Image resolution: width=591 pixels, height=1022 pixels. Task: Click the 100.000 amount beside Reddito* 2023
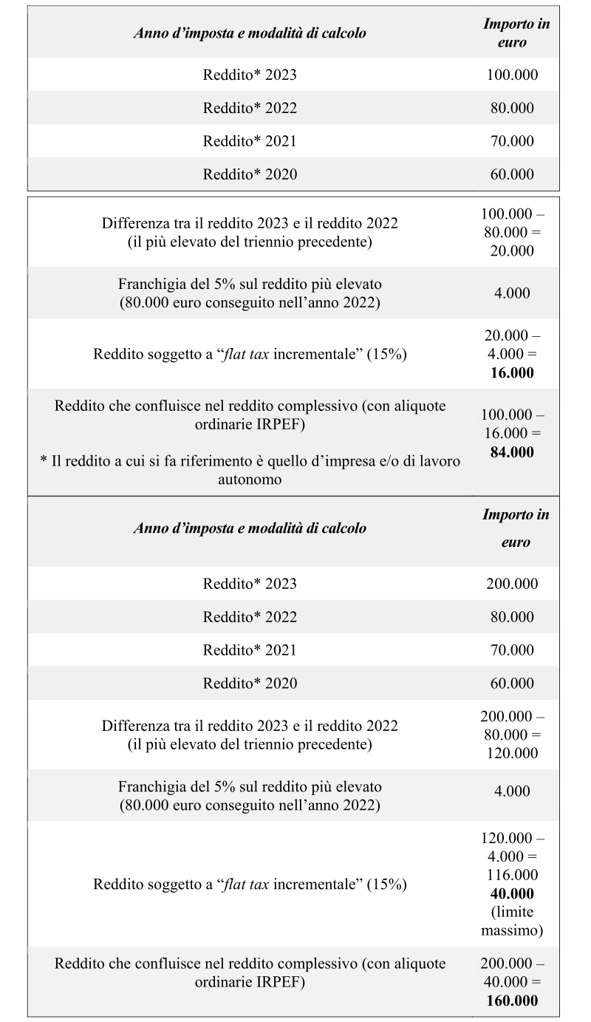point(512,75)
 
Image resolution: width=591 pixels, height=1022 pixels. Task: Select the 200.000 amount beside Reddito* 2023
point(512,584)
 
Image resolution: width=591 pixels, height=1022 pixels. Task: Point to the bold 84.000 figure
point(512,452)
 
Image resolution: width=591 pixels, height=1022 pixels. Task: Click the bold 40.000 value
point(512,893)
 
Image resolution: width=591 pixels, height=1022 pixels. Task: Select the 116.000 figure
point(512,875)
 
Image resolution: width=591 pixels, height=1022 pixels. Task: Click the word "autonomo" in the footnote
point(250,480)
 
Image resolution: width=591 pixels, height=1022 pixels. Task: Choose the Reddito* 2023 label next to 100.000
point(250,75)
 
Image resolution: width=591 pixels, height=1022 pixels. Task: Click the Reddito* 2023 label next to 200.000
point(250,584)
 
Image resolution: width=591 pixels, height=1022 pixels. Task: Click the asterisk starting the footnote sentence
point(43,461)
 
